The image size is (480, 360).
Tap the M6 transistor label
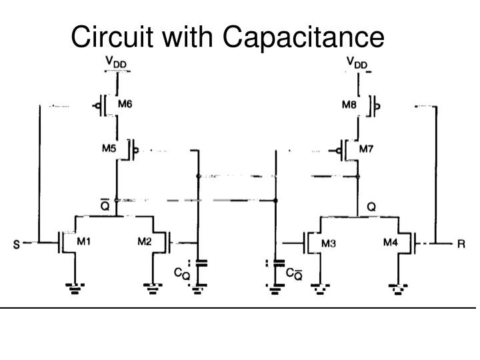click(x=125, y=105)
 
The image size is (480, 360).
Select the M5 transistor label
click(x=110, y=149)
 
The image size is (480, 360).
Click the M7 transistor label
click(x=366, y=149)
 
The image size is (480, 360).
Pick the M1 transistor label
click(x=83, y=241)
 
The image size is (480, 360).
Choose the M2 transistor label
click(x=145, y=241)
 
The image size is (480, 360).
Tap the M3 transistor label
click(x=329, y=243)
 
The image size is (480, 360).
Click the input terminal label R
click(x=460, y=245)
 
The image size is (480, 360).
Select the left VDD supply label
click(x=117, y=62)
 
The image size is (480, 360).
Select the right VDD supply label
click(x=357, y=62)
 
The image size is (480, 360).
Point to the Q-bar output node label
click(x=105, y=205)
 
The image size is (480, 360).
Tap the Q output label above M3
click(x=371, y=207)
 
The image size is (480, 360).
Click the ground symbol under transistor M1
click(x=74, y=288)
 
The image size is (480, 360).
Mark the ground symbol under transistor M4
click(x=399, y=288)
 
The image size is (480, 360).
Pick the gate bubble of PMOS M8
click(x=377, y=106)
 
